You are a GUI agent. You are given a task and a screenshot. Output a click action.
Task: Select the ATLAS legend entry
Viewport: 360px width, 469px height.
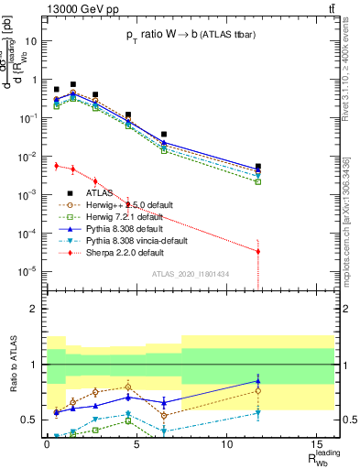pyautogui.click(x=101, y=193)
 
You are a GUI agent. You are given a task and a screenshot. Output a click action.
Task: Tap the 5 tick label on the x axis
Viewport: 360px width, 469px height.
pyautogui.click(x=136, y=445)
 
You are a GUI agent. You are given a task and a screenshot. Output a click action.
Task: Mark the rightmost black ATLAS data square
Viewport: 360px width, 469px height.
pyautogui.click(x=258, y=167)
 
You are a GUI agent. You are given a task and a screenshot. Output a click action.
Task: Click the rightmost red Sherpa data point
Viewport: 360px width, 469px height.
pyautogui.click(x=258, y=251)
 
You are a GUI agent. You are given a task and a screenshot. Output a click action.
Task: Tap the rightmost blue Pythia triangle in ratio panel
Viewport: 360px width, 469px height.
pyautogui.click(x=258, y=381)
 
